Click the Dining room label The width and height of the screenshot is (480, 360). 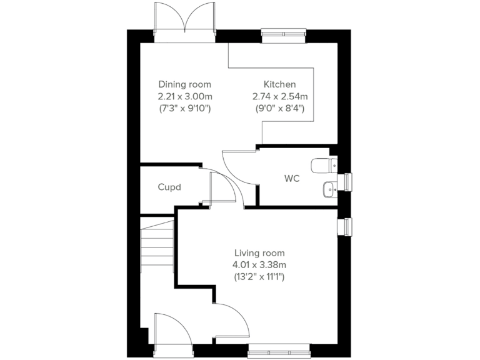pos(184,84)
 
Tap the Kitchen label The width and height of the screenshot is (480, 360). pos(279,84)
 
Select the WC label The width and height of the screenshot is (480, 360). pos(292,179)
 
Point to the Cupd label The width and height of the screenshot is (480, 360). pos(169,187)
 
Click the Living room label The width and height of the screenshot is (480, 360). pos(259,253)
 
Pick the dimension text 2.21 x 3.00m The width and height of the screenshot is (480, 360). pos(184,96)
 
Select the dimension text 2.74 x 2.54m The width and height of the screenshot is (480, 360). pos(279,96)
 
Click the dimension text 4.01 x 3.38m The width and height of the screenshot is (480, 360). pos(259,264)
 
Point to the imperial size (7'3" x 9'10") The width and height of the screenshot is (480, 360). pos(184,108)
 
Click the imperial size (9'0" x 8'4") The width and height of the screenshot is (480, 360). pos(279,108)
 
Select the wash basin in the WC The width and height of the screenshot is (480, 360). pos(329,187)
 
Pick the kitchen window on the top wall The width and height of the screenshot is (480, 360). pos(284,35)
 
